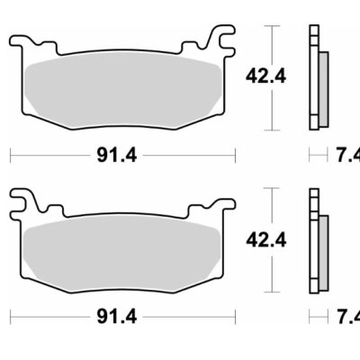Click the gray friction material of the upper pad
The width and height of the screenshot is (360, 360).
[121, 90]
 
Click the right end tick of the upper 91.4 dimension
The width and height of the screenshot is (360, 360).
[235, 156]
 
